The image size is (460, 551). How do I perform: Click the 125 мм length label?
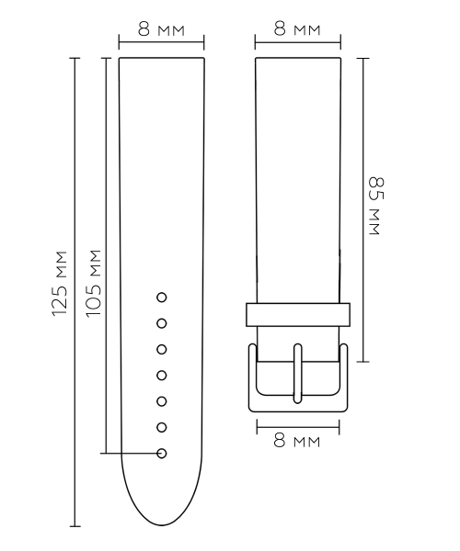click(x=60, y=283)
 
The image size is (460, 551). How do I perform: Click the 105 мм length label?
click(x=94, y=283)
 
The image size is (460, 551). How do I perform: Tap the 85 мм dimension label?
click(x=375, y=207)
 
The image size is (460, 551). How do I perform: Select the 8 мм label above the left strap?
click(x=161, y=29)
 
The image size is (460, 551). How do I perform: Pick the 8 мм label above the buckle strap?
click(x=297, y=28)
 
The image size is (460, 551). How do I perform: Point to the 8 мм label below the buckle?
click(x=297, y=440)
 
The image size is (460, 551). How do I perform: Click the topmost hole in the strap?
click(x=162, y=298)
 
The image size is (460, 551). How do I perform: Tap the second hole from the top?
click(x=162, y=323)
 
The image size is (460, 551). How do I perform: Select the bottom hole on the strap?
click(x=162, y=454)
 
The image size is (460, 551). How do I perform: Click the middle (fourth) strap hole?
click(x=162, y=376)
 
